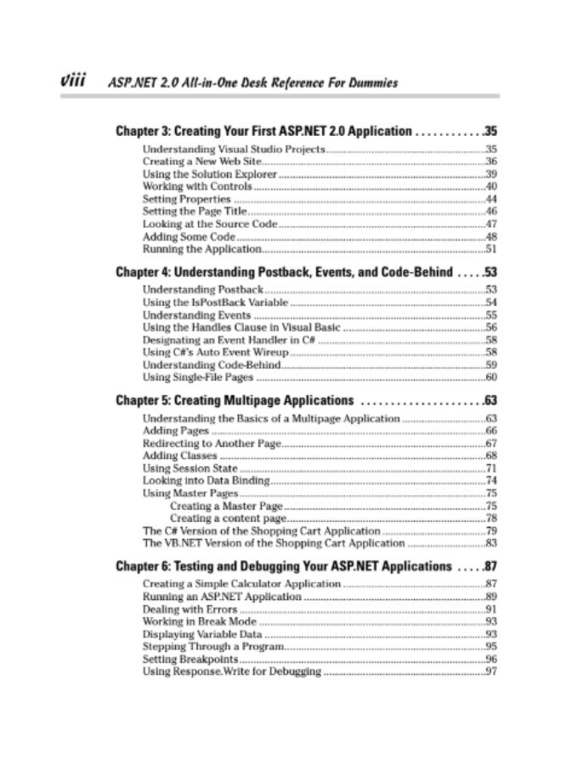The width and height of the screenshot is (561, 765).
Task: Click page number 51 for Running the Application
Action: (x=490, y=249)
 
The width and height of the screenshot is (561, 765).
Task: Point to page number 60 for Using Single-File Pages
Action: (x=490, y=377)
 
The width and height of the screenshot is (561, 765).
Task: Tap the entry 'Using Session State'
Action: (x=190, y=468)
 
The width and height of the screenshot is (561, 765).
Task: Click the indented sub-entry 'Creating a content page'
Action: (x=227, y=518)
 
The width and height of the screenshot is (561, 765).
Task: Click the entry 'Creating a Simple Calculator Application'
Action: (x=241, y=584)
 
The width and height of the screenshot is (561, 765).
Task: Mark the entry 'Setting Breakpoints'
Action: (x=190, y=659)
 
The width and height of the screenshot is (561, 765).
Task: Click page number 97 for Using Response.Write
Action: (x=490, y=671)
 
